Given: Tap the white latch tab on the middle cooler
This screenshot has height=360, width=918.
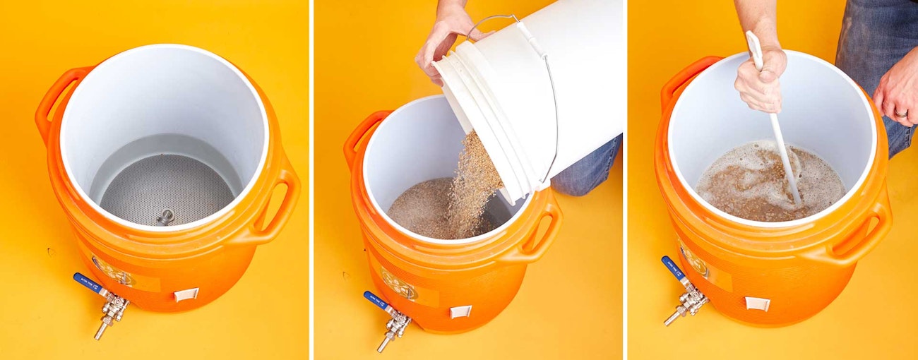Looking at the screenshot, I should point(460,311).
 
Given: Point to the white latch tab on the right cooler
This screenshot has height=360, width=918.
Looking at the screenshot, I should point(758,304).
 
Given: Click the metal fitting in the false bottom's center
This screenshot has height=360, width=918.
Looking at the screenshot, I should point(165,216).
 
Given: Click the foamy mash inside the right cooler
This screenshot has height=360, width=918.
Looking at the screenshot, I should point(749,185).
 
